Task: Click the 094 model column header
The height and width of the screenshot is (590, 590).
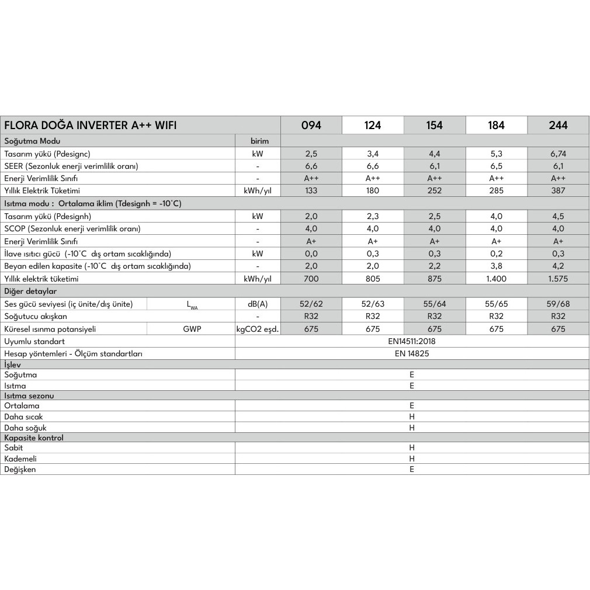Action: point(311,125)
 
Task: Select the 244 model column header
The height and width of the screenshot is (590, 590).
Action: point(558,125)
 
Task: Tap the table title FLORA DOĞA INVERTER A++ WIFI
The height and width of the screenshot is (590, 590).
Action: point(91,125)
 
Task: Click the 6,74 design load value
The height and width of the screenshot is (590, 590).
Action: point(558,154)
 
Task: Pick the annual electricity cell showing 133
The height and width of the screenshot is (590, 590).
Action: point(311,190)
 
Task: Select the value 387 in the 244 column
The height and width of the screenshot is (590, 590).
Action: point(558,190)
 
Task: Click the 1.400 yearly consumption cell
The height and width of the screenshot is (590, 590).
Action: point(496,279)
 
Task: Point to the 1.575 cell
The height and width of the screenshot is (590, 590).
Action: point(558,279)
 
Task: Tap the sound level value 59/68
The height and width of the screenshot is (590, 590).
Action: point(558,304)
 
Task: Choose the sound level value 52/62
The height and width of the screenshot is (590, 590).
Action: point(311,304)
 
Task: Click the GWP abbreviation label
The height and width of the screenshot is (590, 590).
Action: point(191,329)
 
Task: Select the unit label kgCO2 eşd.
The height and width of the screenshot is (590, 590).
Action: point(258,329)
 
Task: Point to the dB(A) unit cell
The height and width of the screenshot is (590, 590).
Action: point(258,304)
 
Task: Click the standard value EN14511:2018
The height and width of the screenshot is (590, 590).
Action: point(411,341)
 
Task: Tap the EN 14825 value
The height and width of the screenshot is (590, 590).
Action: point(411,353)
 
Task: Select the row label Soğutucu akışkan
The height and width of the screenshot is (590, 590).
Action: point(36,316)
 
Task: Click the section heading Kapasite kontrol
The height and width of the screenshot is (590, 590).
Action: point(34,438)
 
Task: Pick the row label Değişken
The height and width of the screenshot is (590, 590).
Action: point(20,469)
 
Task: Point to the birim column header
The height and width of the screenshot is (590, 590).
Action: point(258,141)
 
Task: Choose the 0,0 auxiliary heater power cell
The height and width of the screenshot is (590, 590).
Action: point(311,254)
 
